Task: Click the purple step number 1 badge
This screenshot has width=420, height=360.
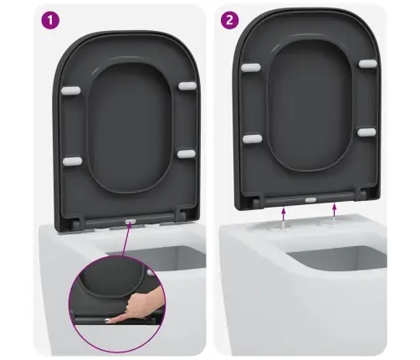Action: pos(50,20)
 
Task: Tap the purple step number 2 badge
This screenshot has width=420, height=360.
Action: pos(229,20)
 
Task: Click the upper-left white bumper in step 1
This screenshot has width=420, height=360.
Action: pos(71,90)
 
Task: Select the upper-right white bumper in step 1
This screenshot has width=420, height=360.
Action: pos(187,86)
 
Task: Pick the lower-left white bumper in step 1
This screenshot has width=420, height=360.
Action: pos(72,161)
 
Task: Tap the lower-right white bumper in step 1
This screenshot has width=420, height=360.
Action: pos(187,154)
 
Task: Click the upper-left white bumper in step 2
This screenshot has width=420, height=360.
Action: pos(251,67)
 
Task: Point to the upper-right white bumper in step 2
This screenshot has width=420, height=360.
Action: pos(367,64)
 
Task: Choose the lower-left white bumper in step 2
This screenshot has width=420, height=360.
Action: pos(253,139)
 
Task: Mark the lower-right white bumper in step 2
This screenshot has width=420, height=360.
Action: pos(366,132)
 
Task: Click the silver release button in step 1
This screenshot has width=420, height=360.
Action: pos(131,221)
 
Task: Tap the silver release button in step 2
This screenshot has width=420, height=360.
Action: pos(310,200)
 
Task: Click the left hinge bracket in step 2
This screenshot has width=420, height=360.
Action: pos(257,199)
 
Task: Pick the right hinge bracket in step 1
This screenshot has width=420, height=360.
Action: pos(180,215)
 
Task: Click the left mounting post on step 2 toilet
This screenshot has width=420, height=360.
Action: pos(283,225)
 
